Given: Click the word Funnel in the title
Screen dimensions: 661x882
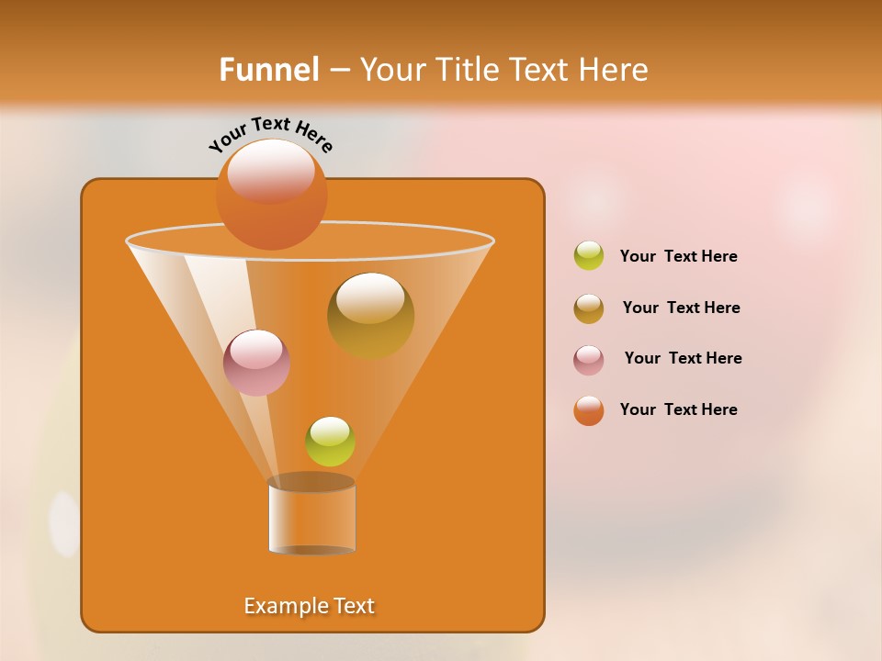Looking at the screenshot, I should (x=269, y=70).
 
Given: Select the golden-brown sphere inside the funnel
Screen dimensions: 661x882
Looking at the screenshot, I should (x=370, y=316).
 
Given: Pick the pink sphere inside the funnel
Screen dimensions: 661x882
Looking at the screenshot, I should (x=256, y=363).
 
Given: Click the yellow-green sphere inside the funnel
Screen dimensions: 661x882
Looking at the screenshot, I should (x=330, y=442).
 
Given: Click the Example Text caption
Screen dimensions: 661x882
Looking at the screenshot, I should (x=310, y=606).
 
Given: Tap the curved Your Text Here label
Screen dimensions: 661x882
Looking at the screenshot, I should (x=270, y=133).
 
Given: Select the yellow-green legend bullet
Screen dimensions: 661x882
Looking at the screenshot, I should (x=589, y=256).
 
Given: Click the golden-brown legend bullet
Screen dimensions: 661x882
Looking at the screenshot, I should (x=589, y=308).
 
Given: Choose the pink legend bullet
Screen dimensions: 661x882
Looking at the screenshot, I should (x=589, y=360).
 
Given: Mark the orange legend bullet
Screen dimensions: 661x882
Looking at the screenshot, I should (x=589, y=410).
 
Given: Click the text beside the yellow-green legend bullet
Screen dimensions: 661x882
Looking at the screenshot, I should (x=678, y=256).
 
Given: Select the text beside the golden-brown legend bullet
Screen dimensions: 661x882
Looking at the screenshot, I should (x=681, y=308).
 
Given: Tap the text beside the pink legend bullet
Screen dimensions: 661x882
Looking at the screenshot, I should (x=683, y=358).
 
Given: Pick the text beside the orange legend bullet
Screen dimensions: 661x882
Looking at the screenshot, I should (x=678, y=409).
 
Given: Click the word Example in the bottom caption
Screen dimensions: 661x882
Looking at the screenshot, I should (x=278, y=606).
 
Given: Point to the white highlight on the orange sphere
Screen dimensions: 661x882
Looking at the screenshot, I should (x=271, y=171).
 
